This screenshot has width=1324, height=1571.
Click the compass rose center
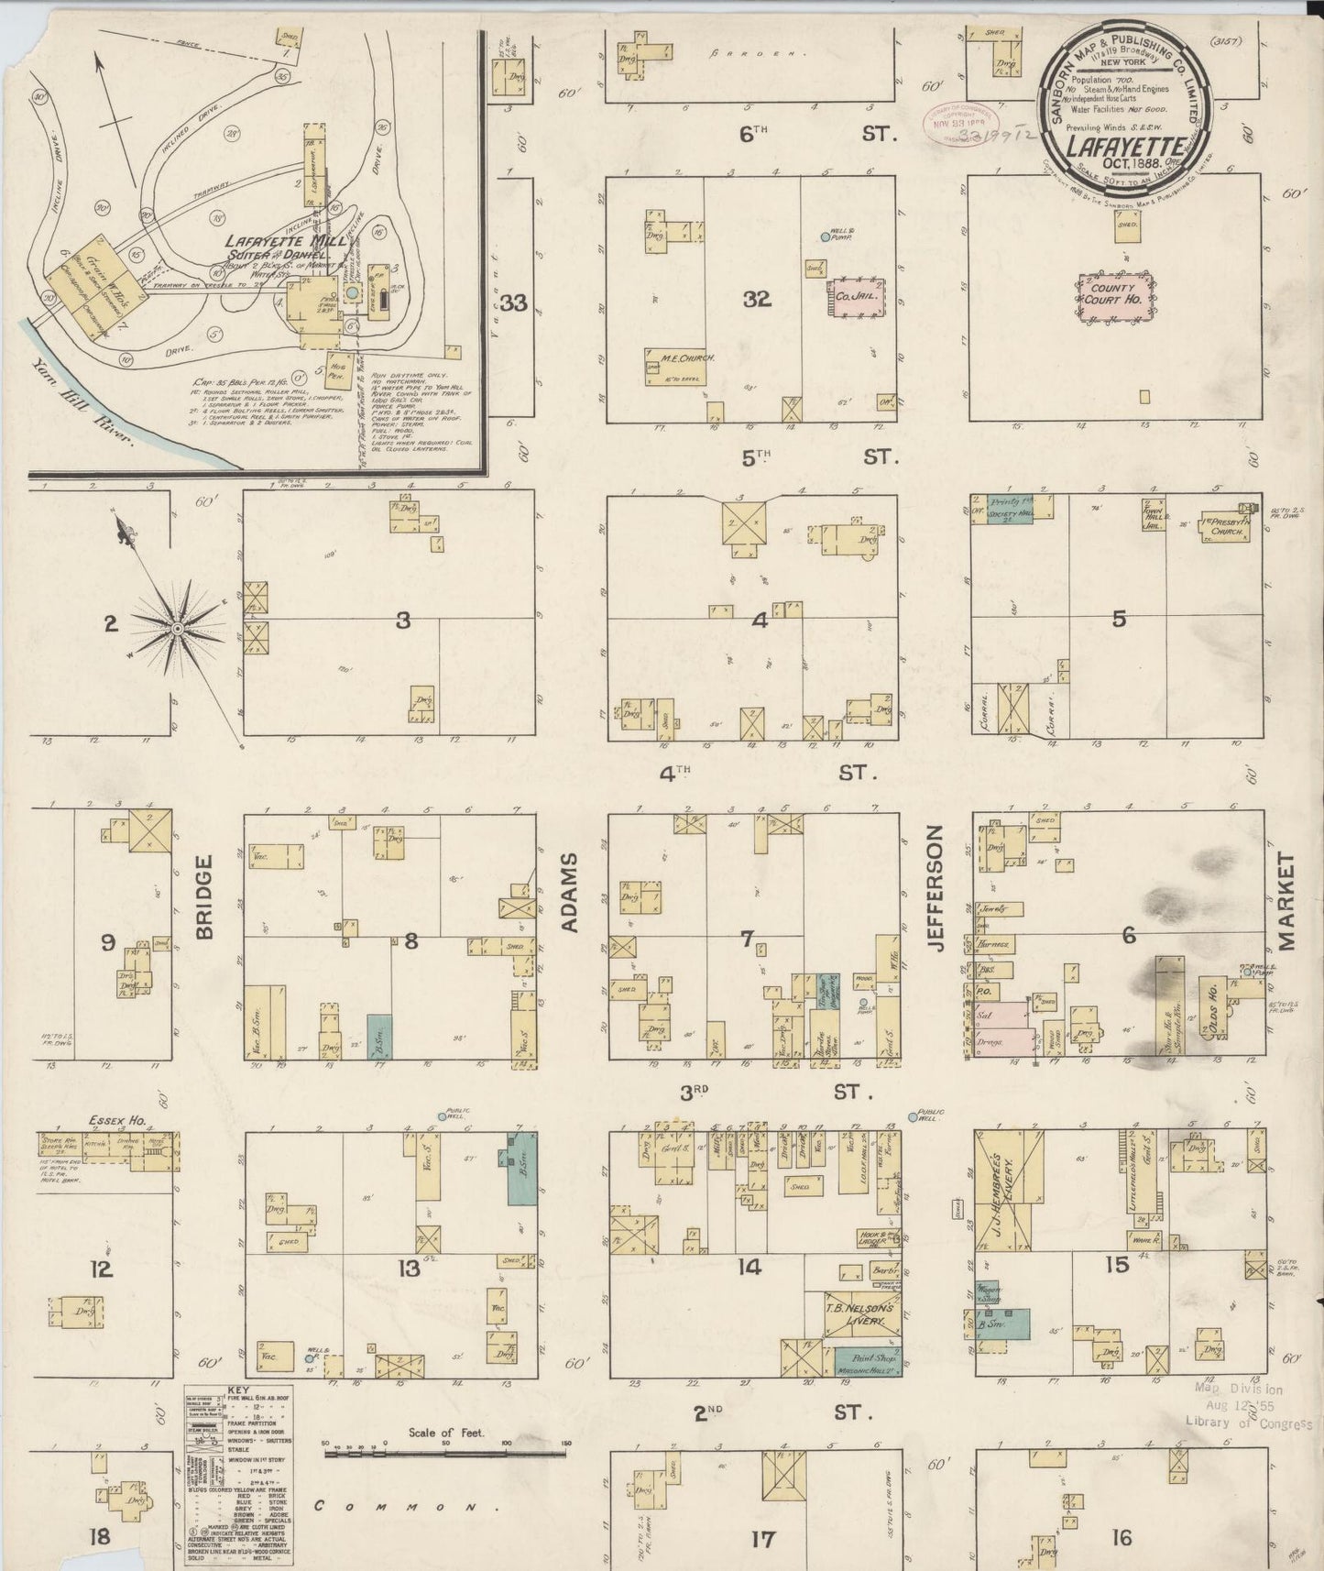click(176, 628)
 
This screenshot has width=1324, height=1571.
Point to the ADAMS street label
click(571, 892)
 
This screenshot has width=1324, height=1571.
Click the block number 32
click(757, 300)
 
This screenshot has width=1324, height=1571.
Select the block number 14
click(750, 1268)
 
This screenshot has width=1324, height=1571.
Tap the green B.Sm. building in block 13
click(522, 1170)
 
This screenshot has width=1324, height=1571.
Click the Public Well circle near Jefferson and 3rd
click(913, 1116)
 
